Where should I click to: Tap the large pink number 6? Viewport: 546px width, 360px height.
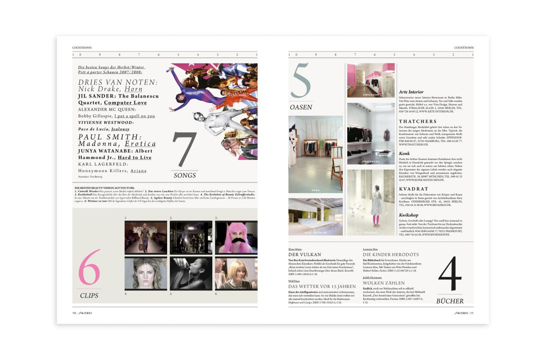pyautogui.click(x=90, y=268)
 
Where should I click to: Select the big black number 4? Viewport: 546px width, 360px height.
pyautogui.click(x=450, y=274)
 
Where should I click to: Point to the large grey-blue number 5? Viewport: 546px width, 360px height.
pyautogui.click(x=300, y=81)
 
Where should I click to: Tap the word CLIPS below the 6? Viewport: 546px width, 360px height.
pyautogui.click(x=89, y=295)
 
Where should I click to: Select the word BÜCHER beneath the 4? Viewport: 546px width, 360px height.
pyautogui.click(x=450, y=301)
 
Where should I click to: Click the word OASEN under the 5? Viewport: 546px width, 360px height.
pyautogui.click(x=301, y=107)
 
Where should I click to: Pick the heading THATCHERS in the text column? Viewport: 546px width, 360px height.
pyautogui.click(x=417, y=121)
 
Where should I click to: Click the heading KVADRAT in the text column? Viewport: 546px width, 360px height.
pyautogui.click(x=413, y=189)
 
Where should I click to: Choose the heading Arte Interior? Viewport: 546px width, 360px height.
pyautogui.click(x=411, y=92)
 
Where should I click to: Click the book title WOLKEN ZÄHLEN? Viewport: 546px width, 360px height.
pyautogui.click(x=384, y=283)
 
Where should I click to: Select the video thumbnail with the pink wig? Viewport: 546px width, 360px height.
pyautogui.click(x=236, y=237)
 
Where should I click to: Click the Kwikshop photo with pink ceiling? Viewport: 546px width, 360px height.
pyautogui.click(x=371, y=80)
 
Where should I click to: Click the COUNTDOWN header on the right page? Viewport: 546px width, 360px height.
pyautogui.click(x=463, y=48)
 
